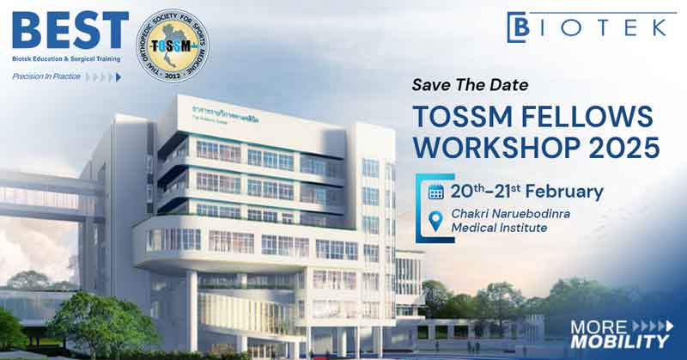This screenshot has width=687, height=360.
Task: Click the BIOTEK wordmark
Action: click(x=601, y=26)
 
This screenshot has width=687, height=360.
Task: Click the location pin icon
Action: click(x=436, y=221)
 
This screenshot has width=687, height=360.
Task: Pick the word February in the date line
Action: click(x=564, y=192)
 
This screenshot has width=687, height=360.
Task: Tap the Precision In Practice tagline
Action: click(x=46, y=76)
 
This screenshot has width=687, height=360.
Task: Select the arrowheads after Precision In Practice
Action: click(x=105, y=76)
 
